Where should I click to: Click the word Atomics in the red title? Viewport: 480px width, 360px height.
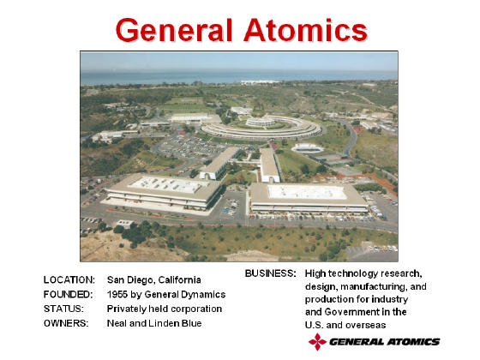point(305,30)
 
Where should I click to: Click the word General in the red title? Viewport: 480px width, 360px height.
point(174,30)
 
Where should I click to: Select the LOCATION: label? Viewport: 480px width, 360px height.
point(69,279)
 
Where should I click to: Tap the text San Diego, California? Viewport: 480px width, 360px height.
point(154,280)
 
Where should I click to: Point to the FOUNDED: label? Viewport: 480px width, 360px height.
point(69,294)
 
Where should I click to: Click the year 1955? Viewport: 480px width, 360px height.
point(117,294)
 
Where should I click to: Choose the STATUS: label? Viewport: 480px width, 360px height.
point(63,309)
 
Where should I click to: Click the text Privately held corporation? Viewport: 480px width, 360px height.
point(165,309)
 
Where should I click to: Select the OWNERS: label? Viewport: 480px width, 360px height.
point(66,323)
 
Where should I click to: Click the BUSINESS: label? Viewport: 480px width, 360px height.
point(271,273)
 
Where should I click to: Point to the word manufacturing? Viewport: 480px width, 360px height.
point(374,286)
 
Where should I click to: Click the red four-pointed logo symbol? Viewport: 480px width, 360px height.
point(318,342)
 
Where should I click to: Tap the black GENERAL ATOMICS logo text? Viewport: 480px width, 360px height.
point(385,342)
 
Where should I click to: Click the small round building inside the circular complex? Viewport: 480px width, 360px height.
point(261,122)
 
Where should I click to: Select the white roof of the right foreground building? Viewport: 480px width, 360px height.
point(307,192)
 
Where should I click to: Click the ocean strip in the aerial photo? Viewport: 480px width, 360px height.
point(239,76)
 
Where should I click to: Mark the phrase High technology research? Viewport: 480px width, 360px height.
point(363,273)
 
